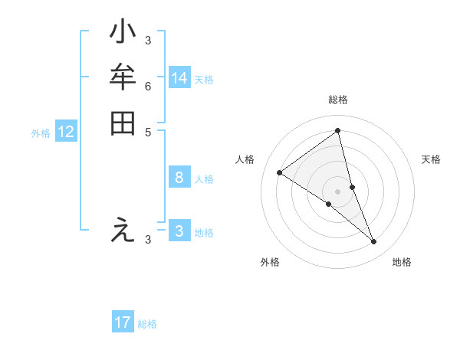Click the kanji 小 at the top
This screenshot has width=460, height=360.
123,33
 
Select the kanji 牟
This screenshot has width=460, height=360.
123,78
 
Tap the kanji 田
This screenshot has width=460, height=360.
123,123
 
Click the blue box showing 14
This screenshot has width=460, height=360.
179,78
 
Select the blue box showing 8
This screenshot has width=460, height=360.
179,178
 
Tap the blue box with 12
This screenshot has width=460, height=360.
66,132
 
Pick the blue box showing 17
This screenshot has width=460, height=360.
123,322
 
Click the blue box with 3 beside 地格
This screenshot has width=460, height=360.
179,231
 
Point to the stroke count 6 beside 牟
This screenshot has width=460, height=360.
148,86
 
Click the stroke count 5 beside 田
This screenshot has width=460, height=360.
148,131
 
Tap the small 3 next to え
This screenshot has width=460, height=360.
148,240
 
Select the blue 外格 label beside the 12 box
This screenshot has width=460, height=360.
41,133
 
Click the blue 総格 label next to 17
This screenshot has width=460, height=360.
147,324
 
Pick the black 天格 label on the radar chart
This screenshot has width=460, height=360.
431,159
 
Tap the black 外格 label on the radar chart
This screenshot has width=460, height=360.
270,262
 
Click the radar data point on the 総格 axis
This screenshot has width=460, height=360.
337,131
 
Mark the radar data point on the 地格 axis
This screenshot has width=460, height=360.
374,242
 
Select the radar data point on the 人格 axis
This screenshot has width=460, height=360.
279,172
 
